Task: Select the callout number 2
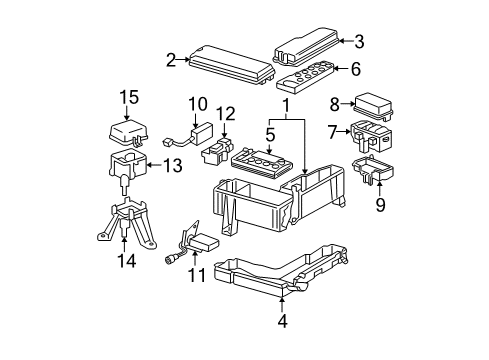[x=171, y=60]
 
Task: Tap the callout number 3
[x=359, y=41]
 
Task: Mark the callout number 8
[x=335, y=102]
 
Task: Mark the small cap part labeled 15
[x=126, y=132]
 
